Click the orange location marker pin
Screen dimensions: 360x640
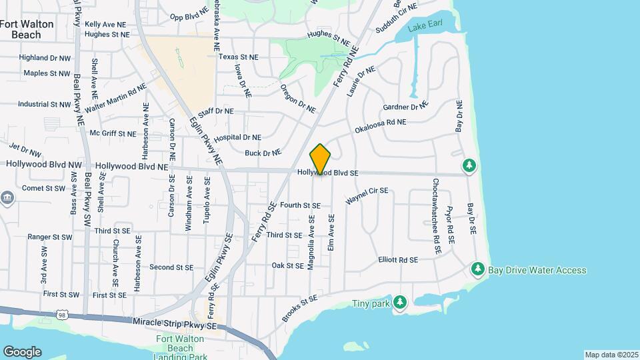[321, 159]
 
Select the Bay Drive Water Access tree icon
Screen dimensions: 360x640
[477, 269]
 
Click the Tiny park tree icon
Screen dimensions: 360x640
[399, 303]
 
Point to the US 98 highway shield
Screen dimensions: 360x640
[62, 314]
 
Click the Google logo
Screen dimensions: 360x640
[23, 351]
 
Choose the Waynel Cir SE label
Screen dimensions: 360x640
[367, 196]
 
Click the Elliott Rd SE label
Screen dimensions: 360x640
[397, 259]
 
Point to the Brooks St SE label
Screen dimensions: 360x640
[299, 310]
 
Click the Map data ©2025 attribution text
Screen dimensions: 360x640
[611, 355]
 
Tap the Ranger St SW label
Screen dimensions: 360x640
[49, 237]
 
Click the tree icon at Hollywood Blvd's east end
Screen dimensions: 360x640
[469, 165]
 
